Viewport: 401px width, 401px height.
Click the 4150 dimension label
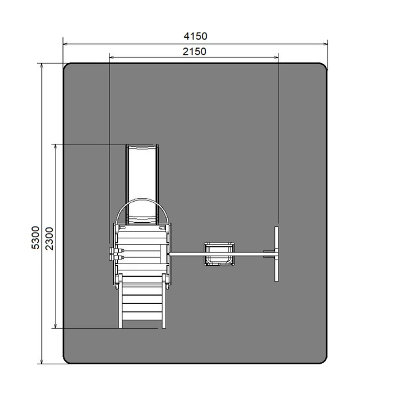point(195,36)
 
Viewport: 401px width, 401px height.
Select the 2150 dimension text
point(194,52)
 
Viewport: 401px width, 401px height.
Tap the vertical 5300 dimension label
point(36,238)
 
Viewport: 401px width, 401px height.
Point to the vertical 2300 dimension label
point(49,238)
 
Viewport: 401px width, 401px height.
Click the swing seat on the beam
point(219,254)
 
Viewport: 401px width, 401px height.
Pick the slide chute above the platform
point(142,184)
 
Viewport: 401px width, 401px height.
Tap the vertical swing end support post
point(277,254)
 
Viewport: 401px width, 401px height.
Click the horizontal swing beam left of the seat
point(187,254)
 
